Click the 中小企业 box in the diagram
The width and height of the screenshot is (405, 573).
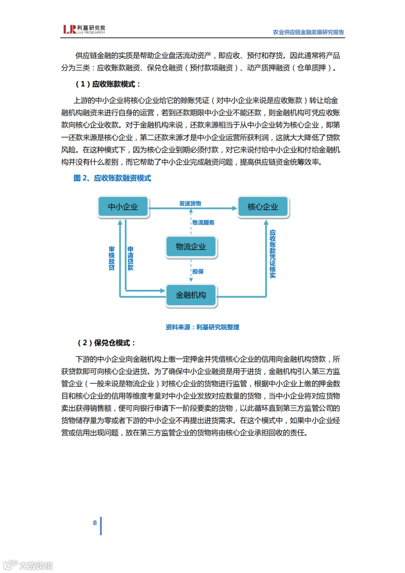(123, 207)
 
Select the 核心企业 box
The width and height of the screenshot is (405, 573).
(262, 207)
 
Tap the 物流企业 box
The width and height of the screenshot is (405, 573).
(191, 247)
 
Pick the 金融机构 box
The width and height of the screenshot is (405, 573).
(191, 295)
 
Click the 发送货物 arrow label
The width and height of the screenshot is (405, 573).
(190, 203)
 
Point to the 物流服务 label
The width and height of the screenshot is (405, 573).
(203, 223)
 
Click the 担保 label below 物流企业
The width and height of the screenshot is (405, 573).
(198, 272)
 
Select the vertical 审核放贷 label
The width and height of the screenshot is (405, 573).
(112, 258)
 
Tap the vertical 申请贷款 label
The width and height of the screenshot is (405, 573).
(130, 258)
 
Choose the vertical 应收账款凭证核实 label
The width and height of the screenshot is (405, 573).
(273, 254)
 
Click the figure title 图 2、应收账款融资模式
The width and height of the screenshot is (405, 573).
(112, 178)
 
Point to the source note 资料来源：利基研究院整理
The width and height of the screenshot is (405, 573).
(202, 327)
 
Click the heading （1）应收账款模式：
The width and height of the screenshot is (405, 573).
(108, 84)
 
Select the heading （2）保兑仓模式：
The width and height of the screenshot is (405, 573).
(106, 343)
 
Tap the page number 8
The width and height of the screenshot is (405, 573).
(95, 523)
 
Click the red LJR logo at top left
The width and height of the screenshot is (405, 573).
(70, 29)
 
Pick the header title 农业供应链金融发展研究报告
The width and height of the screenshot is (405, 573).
(308, 32)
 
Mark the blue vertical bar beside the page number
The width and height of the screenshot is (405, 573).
(101, 526)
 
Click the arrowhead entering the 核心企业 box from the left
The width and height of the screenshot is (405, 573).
(235, 208)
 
